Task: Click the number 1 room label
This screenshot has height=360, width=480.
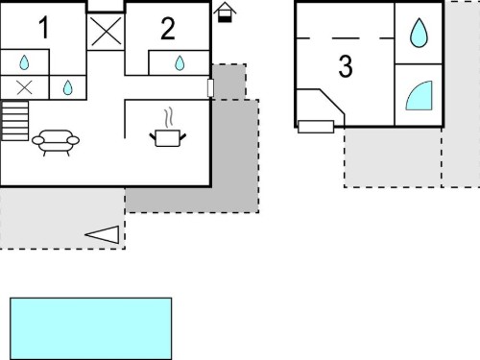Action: (x=44, y=28)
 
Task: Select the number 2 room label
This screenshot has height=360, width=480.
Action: (x=168, y=29)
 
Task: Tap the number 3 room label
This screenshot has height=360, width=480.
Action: (x=346, y=66)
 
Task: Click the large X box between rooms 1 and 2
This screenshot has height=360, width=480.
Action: (x=106, y=32)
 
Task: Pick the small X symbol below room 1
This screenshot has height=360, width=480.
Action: (x=24, y=87)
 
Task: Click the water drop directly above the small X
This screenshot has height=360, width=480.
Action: (x=24, y=62)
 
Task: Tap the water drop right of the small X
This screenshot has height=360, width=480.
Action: (x=67, y=87)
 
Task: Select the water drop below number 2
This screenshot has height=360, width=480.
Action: (x=180, y=63)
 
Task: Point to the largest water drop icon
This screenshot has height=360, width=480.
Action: (x=419, y=33)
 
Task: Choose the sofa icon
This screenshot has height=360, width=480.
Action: (x=56, y=142)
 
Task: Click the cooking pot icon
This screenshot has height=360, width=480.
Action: (x=168, y=138)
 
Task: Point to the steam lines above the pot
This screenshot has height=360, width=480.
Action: (x=169, y=117)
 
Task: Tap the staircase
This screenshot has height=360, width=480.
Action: (x=14, y=121)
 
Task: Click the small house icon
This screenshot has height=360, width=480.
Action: (x=225, y=12)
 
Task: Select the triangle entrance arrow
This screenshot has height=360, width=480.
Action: (x=102, y=234)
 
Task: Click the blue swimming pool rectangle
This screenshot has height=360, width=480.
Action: (x=91, y=328)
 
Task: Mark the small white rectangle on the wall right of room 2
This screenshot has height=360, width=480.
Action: (x=210, y=87)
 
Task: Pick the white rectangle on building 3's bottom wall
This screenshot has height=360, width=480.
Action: (x=316, y=127)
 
